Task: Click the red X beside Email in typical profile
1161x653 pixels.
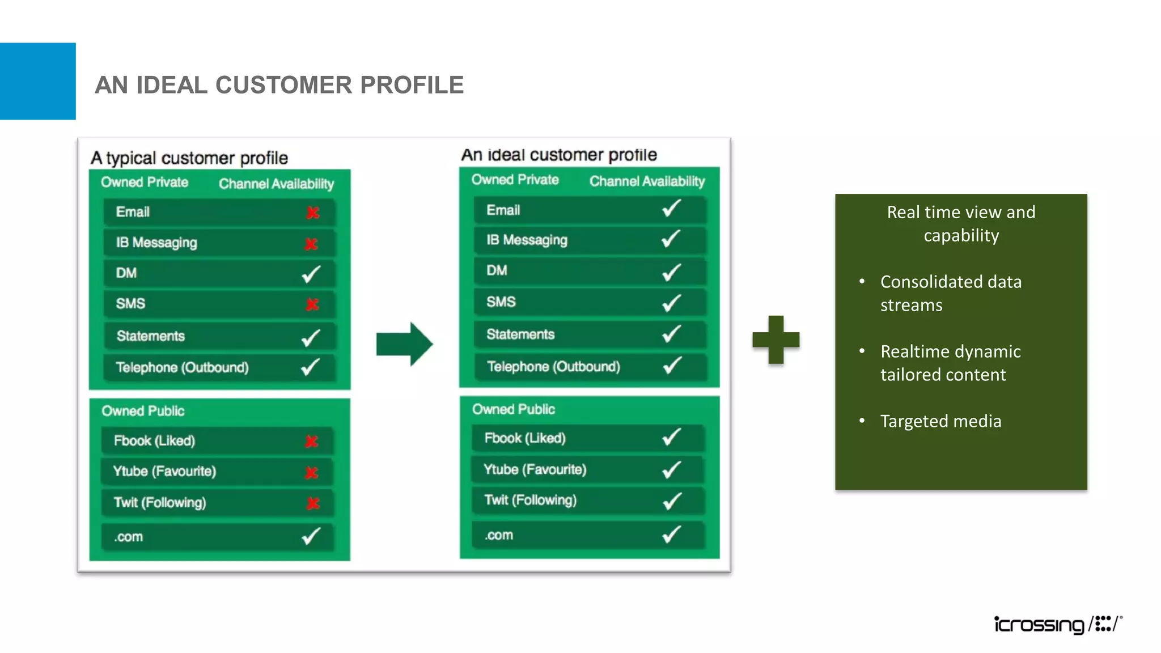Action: point(312,213)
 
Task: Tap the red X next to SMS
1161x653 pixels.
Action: point(312,304)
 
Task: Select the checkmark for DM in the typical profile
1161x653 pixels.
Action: point(311,274)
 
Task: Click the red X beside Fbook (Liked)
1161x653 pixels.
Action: point(311,441)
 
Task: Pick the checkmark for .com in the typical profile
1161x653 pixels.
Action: point(311,536)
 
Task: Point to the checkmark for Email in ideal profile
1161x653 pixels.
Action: point(671,209)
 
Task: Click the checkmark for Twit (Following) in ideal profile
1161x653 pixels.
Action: point(672,501)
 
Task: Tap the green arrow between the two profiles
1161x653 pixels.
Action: point(404,344)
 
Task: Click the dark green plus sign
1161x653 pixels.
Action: point(776,340)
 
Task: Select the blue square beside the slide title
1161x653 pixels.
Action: point(37,81)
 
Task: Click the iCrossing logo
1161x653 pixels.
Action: point(1058,624)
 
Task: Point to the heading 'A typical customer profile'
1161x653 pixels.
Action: point(189,158)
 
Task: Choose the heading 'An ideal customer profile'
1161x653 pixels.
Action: point(558,155)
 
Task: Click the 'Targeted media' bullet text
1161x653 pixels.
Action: point(940,421)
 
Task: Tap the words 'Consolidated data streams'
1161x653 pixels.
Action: point(951,293)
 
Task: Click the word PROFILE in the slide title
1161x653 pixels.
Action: point(412,85)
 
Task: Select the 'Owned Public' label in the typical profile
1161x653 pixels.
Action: point(143,411)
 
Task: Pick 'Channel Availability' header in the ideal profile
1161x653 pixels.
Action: point(647,181)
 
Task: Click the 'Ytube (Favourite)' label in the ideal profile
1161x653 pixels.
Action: point(535,469)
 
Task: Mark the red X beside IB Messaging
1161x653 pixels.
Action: point(311,244)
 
